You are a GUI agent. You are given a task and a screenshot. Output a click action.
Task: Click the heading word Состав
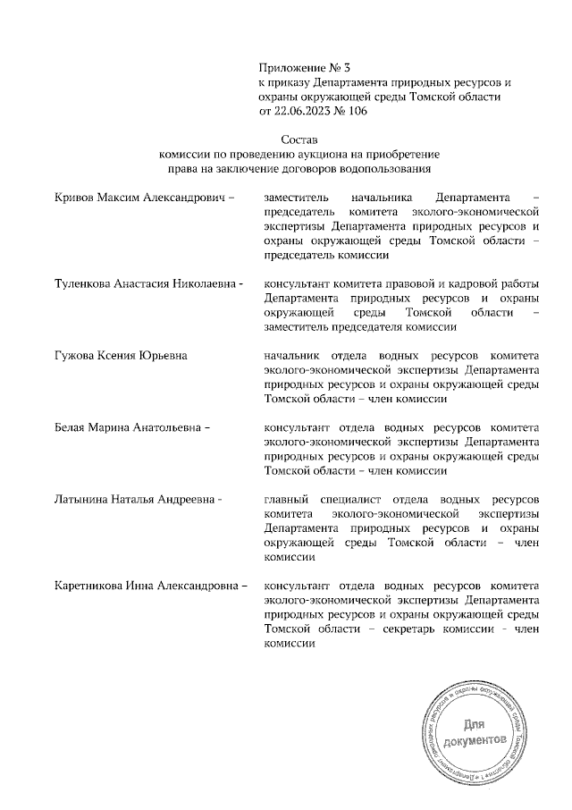[x=299, y=140]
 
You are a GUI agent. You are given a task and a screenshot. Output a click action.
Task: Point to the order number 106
[x=355, y=111]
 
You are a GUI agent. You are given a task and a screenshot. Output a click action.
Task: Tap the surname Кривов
[x=75, y=197]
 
